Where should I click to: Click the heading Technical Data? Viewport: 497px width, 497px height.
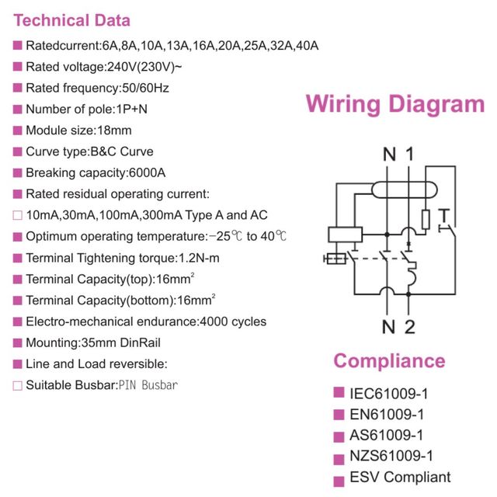pyautogui.click(x=72, y=21)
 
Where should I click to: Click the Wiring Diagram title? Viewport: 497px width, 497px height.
pyautogui.click(x=394, y=105)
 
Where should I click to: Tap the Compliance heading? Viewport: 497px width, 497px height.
pyautogui.click(x=389, y=361)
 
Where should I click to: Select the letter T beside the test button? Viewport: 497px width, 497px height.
pyautogui.click(x=443, y=214)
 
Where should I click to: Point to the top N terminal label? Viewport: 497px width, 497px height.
pyautogui.click(x=390, y=155)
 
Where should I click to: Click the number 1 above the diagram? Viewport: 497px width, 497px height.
pyautogui.click(x=409, y=155)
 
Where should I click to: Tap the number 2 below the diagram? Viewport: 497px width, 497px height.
pyautogui.click(x=410, y=327)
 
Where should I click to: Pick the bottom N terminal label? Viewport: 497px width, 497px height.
pyautogui.click(x=390, y=327)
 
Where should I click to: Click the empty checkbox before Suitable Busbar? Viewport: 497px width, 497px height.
pyautogui.click(x=17, y=385)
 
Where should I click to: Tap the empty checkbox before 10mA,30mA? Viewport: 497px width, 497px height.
pyautogui.click(x=17, y=215)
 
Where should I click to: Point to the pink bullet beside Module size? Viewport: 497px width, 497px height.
pyautogui.click(x=17, y=130)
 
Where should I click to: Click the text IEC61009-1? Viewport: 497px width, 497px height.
pyautogui.click(x=388, y=393)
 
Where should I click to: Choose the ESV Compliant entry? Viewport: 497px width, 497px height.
pyautogui.click(x=400, y=478)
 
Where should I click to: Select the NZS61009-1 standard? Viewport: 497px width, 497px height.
pyautogui.click(x=391, y=457)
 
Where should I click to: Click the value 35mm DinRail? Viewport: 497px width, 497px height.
pyautogui.click(x=118, y=342)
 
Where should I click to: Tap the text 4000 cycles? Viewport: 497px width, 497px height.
pyautogui.click(x=233, y=321)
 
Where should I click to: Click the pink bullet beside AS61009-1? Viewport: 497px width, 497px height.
pyautogui.click(x=338, y=436)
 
